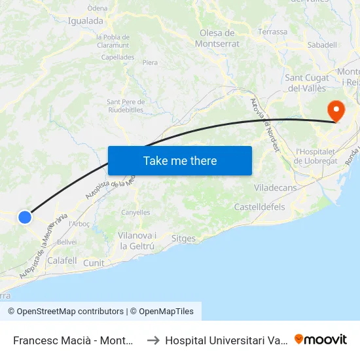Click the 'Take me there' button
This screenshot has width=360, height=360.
[180, 160]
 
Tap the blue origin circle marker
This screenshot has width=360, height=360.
[25, 217]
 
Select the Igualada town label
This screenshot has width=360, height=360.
[86, 20]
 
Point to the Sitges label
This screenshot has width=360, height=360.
[183, 238]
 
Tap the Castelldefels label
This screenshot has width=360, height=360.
[259, 207]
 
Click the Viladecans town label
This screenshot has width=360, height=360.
[275, 188]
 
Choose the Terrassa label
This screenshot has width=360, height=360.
[273, 31]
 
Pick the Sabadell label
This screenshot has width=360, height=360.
[322, 45]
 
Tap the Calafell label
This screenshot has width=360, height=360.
[62, 261]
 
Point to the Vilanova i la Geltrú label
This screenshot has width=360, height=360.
[136, 241]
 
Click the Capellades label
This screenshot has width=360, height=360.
[118, 57]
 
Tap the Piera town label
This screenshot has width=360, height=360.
[150, 63]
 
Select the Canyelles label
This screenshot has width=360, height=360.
[135, 212]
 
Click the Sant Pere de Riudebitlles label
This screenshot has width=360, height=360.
[126, 105]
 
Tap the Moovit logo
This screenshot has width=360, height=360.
[321, 339]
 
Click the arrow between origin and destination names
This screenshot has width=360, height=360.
[153, 340]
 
